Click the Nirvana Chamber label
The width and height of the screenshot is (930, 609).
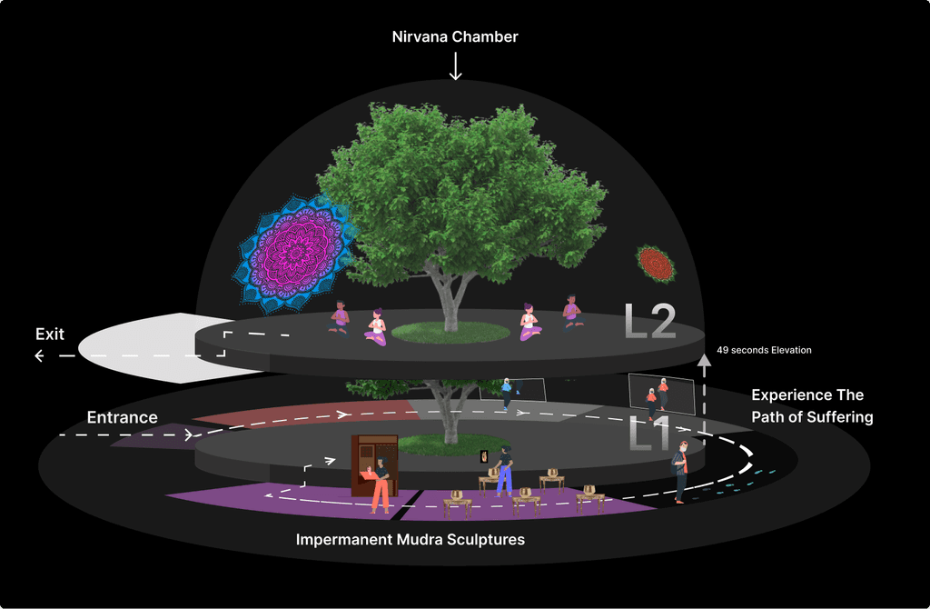tap(455, 36)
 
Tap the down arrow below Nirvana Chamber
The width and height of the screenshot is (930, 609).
tap(455, 65)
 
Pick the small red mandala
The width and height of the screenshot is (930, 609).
tap(656, 263)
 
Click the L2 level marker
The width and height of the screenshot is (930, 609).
tap(650, 321)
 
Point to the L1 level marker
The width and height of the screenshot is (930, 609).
tap(649, 434)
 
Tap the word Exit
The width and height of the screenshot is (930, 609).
tap(50, 334)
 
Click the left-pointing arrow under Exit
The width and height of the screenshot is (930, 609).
tap(54, 356)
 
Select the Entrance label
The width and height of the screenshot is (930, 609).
tap(123, 417)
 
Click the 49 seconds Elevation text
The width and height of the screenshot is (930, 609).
tap(764, 350)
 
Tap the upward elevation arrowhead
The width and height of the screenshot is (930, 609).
tap(704, 360)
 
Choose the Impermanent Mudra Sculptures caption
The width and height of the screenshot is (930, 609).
tap(411, 540)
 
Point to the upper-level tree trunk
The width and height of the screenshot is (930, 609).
tap(450, 297)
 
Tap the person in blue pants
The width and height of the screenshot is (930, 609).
tap(504, 471)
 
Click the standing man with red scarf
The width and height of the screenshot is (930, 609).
tap(679, 473)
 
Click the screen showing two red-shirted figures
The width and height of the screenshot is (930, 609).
tap(661, 394)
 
